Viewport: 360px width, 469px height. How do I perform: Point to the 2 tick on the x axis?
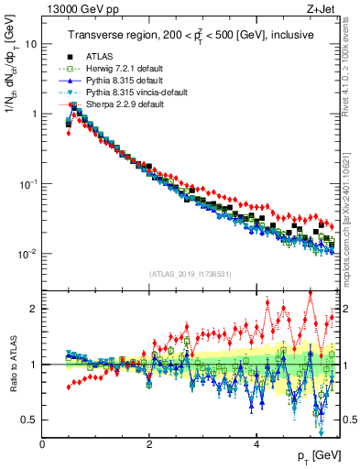(149, 444)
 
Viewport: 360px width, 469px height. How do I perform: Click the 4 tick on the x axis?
(256, 444)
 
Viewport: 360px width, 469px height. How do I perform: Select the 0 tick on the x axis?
(43, 444)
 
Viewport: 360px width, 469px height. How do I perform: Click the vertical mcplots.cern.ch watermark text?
(353, 183)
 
